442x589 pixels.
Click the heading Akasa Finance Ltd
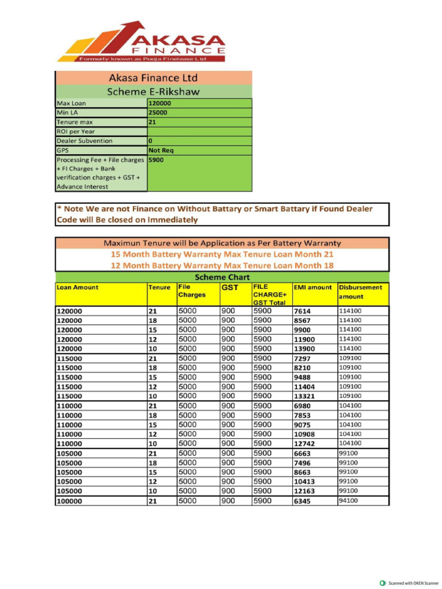(153, 78)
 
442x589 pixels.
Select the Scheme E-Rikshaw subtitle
(153, 91)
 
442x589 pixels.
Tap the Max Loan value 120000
(160, 104)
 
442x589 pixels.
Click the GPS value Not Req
(161, 150)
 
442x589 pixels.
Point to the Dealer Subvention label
(85, 141)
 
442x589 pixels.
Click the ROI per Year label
(75, 132)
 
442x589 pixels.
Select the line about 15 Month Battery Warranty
(222, 254)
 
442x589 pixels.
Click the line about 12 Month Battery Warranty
(222, 265)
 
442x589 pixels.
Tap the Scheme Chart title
(222, 277)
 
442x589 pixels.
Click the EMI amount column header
(313, 287)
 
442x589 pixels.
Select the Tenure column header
(159, 287)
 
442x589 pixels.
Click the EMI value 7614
(302, 311)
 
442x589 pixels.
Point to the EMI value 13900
(304, 349)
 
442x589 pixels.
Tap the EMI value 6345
(302, 501)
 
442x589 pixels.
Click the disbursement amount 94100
(348, 500)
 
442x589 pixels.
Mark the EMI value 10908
(304, 434)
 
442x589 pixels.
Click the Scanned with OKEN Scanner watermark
(409, 583)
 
